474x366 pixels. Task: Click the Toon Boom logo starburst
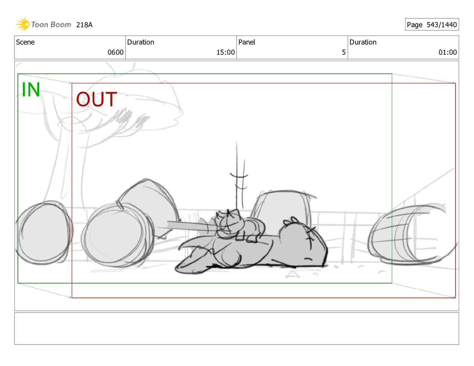(x=23, y=24)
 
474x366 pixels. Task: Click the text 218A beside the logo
(x=84, y=25)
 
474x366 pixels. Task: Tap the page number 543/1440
(x=441, y=25)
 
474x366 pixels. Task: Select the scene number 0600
(x=116, y=52)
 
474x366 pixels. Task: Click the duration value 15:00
(x=225, y=52)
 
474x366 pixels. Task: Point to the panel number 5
(x=344, y=52)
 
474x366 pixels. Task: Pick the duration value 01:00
(x=448, y=52)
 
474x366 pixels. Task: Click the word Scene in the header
(x=25, y=42)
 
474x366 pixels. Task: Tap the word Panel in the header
(x=247, y=42)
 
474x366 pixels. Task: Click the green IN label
(x=31, y=89)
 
